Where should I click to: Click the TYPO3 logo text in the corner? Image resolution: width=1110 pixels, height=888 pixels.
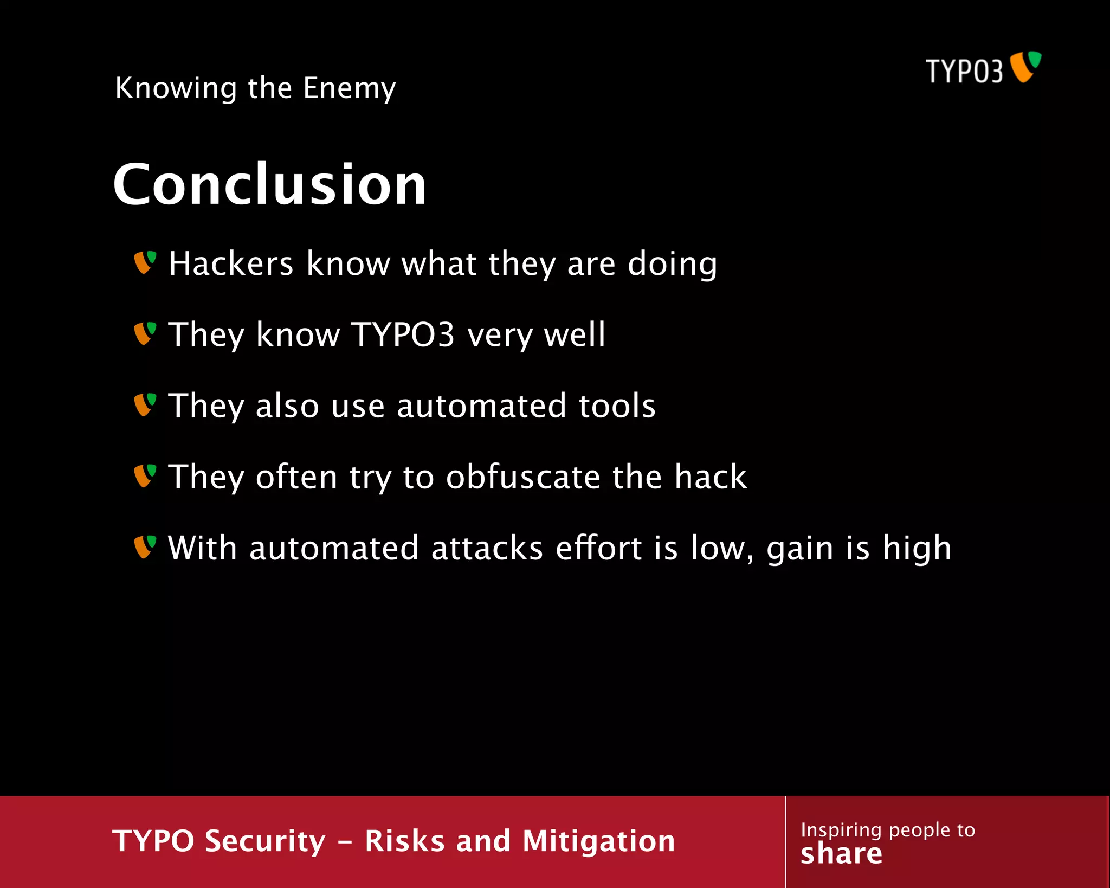pos(964,71)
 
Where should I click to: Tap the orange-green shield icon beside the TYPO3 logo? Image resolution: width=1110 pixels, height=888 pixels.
pos(1025,67)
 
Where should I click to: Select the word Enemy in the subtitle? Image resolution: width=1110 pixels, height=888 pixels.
pos(349,88)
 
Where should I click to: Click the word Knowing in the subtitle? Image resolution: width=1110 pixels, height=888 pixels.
pos(176,88)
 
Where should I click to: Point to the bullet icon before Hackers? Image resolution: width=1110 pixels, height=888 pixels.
pos(145,262)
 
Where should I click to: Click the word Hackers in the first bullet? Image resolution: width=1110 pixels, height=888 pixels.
pos(231,263)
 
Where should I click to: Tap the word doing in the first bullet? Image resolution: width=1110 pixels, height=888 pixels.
pos(672,265)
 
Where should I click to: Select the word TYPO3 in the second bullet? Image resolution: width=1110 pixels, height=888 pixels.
pos(403,334)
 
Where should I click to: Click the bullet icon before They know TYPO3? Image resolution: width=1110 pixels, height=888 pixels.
pos(145,333)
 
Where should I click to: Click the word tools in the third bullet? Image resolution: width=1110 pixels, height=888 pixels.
pos(617,406)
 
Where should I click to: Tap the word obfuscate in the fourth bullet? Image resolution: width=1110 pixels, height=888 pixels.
pos(522,477)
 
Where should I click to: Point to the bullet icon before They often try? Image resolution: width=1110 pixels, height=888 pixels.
pos(145,476)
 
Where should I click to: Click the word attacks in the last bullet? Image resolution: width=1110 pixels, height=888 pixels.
pos(487,548)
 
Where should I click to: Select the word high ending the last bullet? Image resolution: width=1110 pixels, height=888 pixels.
pos(917,549)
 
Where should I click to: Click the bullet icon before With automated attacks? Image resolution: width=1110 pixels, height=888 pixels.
pos(145,547)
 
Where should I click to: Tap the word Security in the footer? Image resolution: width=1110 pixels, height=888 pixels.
pos(265,841)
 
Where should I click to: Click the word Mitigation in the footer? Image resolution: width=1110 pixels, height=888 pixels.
pos(598,841)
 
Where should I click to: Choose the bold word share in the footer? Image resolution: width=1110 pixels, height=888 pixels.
pos(841,854)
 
